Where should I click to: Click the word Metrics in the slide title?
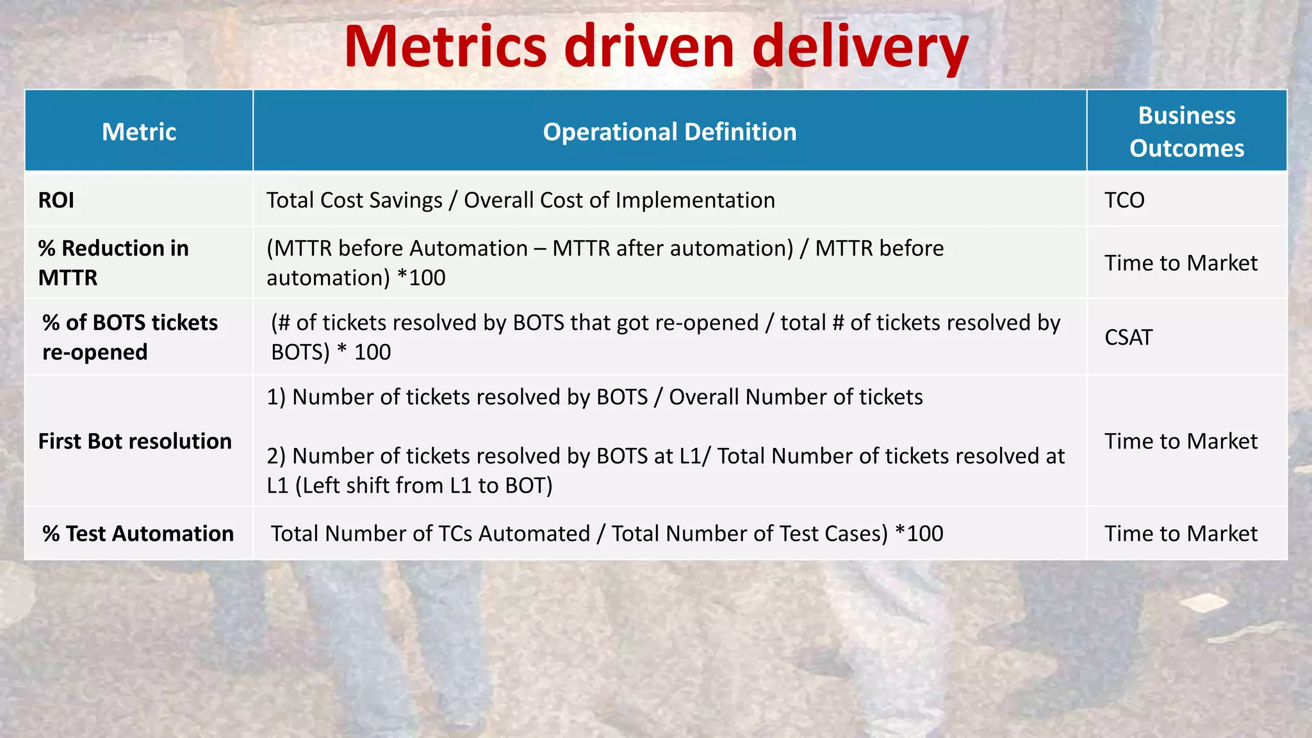445,46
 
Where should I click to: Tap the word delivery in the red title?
860,47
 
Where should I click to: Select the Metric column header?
139,132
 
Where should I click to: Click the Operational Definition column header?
669,132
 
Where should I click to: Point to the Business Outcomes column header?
1186,131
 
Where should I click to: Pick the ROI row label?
56,201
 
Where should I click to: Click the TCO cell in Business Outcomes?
1124,201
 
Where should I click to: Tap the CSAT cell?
1128,338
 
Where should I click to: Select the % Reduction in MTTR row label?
113,263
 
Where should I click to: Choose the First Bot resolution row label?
135,441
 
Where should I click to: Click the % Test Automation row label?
138,534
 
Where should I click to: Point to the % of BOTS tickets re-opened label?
129,337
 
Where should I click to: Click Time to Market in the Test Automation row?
1181,534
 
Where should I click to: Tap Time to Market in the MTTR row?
1181,263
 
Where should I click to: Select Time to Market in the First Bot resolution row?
1181,441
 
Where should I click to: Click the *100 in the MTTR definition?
421,278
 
